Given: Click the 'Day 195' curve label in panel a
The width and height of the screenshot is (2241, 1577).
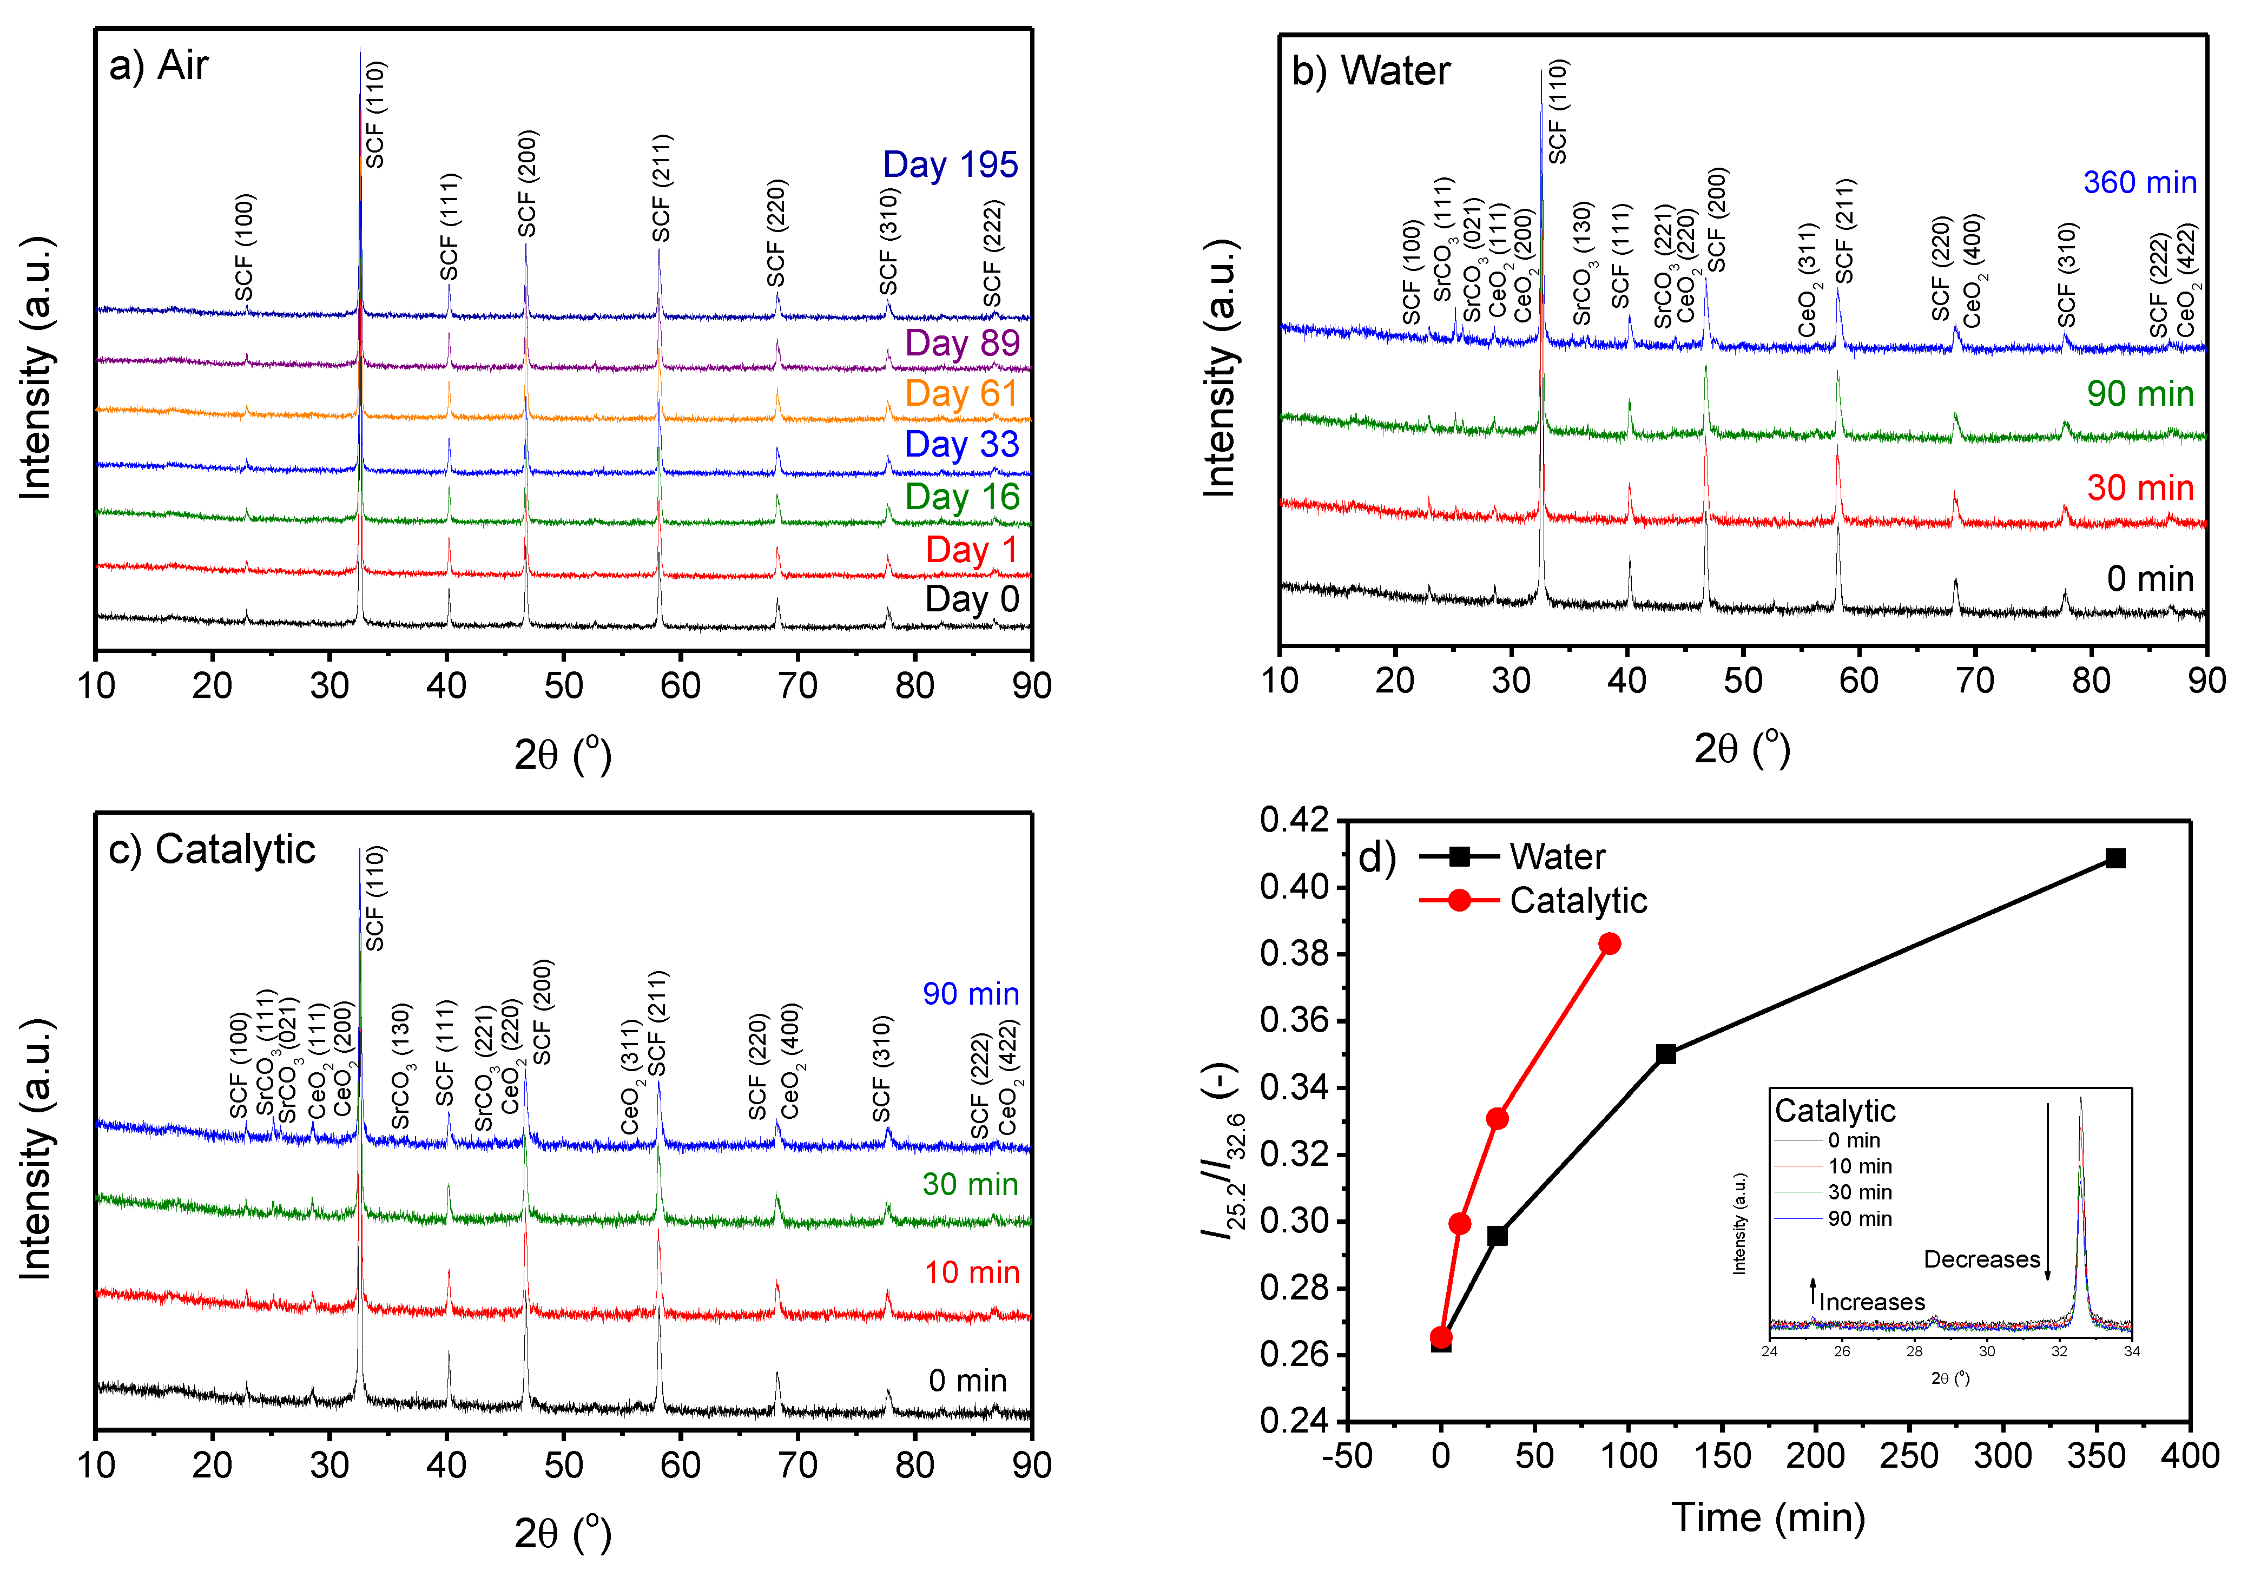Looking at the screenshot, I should pos(950,165).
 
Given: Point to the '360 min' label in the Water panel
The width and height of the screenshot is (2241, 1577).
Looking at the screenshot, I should pos(2139,182).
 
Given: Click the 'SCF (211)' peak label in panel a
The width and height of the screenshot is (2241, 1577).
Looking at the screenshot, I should pos(662,188).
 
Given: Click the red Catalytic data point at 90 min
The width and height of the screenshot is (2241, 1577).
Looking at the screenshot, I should pos(1610,943).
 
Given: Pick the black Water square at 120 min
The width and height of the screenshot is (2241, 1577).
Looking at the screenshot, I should pos(1666,1054).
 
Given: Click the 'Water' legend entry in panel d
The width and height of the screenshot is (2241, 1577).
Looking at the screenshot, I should pos(1556,857).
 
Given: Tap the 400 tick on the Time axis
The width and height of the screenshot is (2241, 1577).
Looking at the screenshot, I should pos(2189,1456).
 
